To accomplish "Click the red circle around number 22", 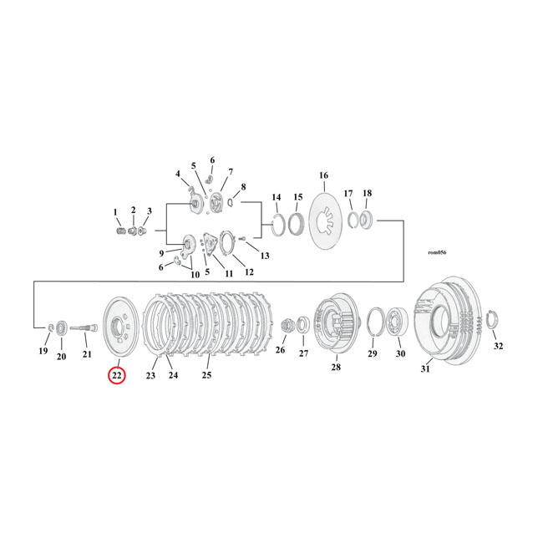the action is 117,375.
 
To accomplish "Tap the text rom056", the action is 437,252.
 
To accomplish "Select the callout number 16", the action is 323,175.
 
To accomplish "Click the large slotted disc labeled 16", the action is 325,221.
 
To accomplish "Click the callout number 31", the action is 425,369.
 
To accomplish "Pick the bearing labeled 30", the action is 397,322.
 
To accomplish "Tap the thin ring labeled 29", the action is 375,322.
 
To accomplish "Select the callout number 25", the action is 206,375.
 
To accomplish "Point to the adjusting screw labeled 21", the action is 84,327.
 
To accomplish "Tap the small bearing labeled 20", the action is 62,327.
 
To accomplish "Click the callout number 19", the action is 43,351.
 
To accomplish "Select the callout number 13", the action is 265,256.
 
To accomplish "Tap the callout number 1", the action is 115,212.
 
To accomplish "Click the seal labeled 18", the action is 367,220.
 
